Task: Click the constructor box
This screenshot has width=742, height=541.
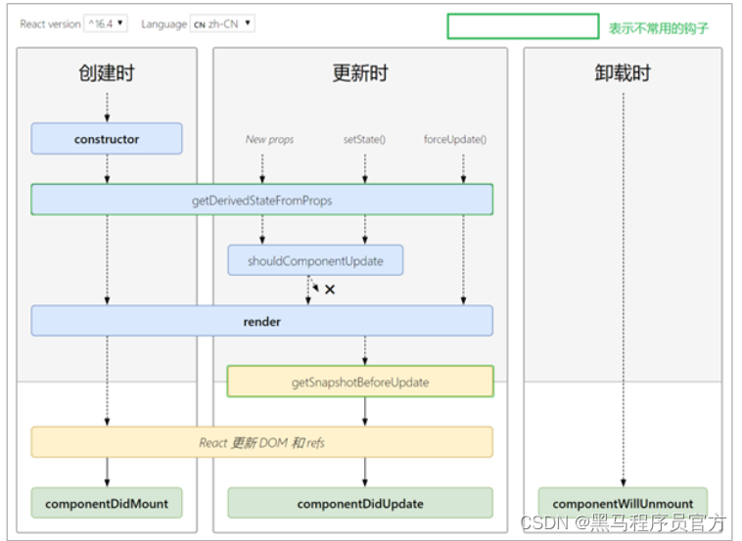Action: pyautogui.click(x=107, y=139)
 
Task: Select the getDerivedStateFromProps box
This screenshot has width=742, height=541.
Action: pyautogui.click(x=261, y=200)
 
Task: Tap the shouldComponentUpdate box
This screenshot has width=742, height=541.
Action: pyautogui.click(x=315, y=260)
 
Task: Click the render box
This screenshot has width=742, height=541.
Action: pyautogui.click(x=261, y=321)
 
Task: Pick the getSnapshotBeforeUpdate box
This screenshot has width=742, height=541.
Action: pyautogui.click(x=360, y=382)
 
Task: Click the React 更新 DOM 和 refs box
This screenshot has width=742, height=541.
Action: pyautogui.click(x=261, y=442)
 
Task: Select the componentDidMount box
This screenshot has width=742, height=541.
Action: pyautogui.click(x=107, y=504)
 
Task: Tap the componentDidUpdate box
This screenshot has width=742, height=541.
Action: pyautogui.click(x=360, y=504)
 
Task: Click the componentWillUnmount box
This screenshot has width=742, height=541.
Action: pyautogui.click(x=623, y=504)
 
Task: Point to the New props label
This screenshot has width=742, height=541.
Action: pyautogui.click(x=269, y=140)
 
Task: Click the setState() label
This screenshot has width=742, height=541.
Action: pyautogui.click(x=364, y=140)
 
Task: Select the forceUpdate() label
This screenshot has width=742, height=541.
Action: pyautogui.click(x=455, y=140)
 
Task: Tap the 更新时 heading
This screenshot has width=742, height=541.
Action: pyautogui.click(x=359, y=73)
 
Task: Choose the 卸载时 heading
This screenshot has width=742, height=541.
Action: pyautogui.click(x=623, y=73)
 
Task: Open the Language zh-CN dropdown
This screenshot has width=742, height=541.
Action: pyautogui.click(x=222, y=23)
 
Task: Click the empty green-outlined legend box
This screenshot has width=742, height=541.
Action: pyautogui.click(x=523, y=26)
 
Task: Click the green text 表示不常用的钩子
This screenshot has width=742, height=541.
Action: pyautogui.click(x=658, y=28)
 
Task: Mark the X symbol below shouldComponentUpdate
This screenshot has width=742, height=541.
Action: pyautogui.click(x=330, y=290)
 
